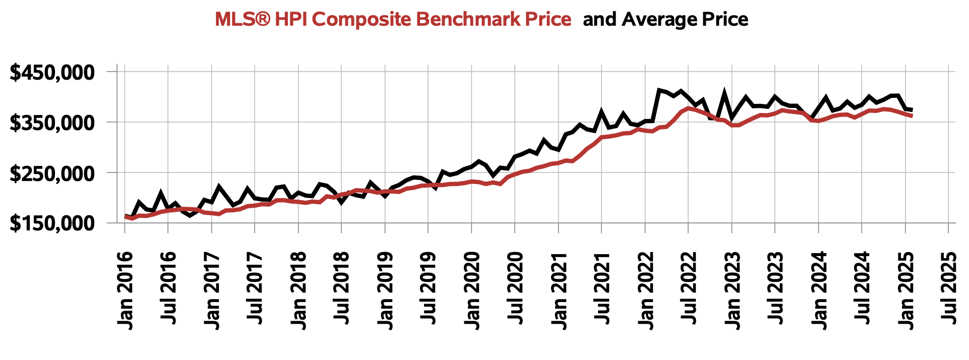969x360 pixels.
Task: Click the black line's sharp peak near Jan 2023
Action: coord(724,94)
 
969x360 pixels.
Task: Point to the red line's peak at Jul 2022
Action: coord(688,108)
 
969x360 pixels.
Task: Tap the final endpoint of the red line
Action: coord(912,116)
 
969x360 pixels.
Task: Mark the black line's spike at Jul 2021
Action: coord(601,111)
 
